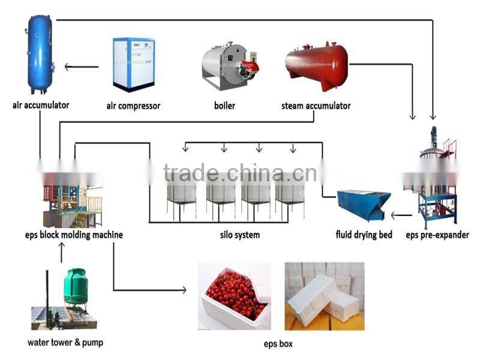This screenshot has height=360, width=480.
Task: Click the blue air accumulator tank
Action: click(x=40, y=54)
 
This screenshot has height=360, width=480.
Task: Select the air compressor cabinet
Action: click(x=133, y=64)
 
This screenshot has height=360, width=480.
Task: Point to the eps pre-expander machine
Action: click(x=437, y=180)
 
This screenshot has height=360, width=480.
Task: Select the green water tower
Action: click(x=76, y=287)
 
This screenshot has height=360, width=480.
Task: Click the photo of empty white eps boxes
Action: click(x=324, y=296)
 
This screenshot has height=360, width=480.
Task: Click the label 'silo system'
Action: click(x=240, y=235)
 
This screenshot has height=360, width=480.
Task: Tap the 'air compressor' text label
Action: click(x=133, y=106)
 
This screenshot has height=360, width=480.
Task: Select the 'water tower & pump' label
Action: click(x=65, y=343)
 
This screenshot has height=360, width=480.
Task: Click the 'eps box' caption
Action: click(x=278, y=344)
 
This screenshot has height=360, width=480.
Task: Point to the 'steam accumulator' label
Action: click(x=316, y=106)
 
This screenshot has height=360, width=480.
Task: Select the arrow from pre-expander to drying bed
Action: click(x=401, y=214)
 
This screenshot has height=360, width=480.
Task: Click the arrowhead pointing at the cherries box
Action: click(x=182, y=290)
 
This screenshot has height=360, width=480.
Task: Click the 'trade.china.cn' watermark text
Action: click(x=240, y=173)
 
